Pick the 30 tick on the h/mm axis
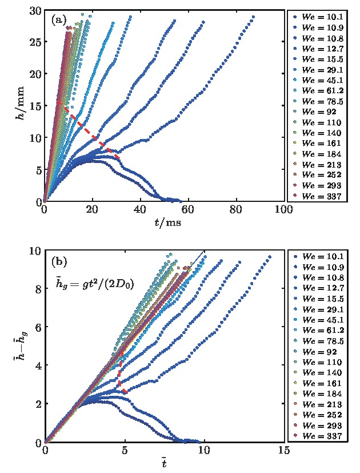pos(35,10)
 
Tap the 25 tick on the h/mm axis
pos(35,42)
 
